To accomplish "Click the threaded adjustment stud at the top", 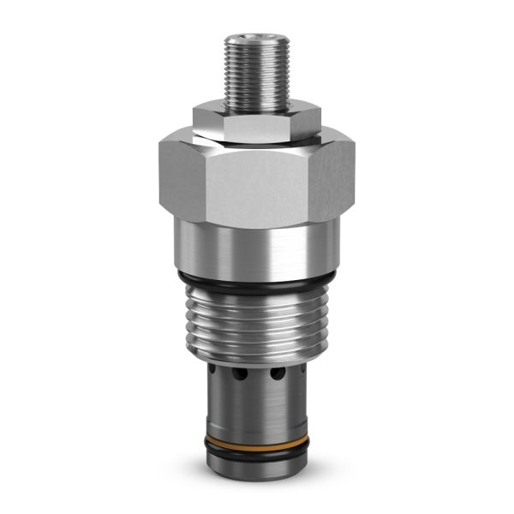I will click(256, 73).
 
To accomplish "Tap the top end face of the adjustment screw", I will click(256, 39).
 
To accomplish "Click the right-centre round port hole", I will click(278, 375).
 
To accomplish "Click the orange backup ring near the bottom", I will click(257, 445).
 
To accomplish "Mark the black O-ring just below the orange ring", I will click(257, 456).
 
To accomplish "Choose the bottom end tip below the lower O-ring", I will click(257, 471).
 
